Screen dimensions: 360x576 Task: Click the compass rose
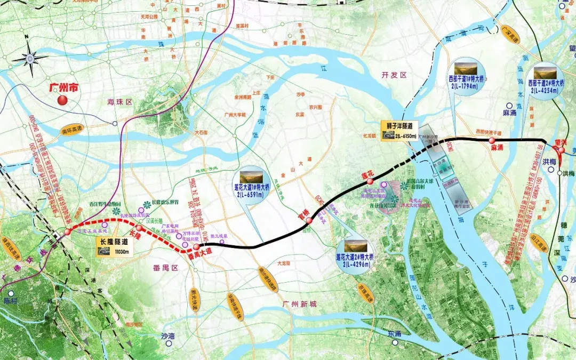point(30,57)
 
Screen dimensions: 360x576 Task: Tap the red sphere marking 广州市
point(62,100)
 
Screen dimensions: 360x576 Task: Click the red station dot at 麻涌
point(491,140)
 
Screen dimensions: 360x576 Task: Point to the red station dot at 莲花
point(370,181)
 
